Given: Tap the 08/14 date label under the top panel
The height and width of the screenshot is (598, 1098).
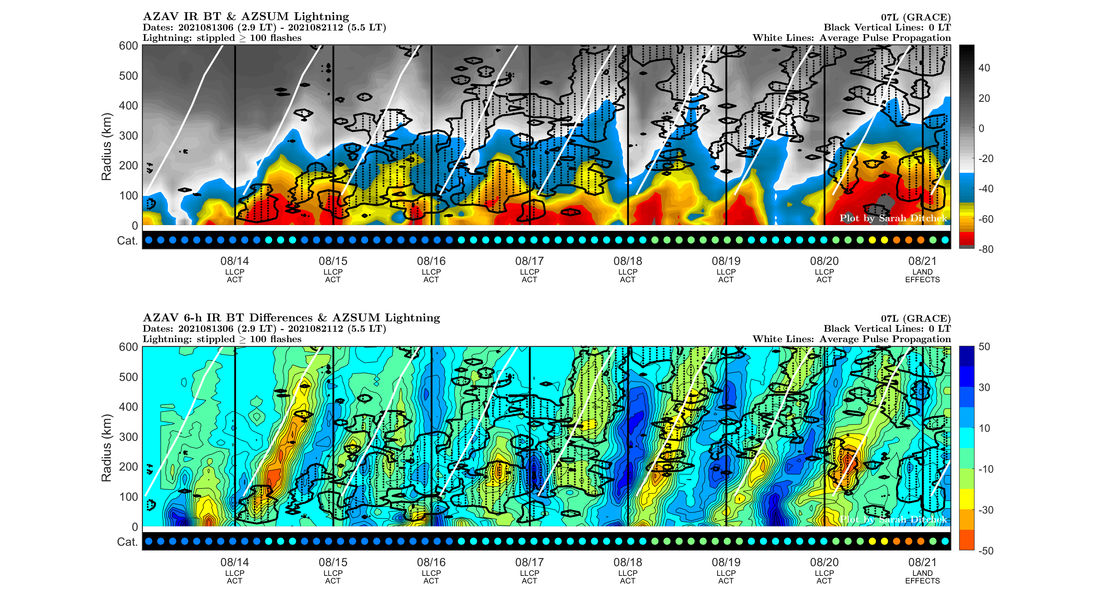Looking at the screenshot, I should pos(234,261).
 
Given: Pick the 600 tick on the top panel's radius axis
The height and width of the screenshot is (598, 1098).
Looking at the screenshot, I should pos(128,46).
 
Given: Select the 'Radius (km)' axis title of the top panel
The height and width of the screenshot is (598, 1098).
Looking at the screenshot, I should pos(106,147).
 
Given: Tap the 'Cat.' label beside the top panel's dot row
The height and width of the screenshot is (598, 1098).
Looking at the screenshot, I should pos(127,241).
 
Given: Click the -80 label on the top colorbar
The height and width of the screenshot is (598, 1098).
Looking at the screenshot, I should pos(986,249).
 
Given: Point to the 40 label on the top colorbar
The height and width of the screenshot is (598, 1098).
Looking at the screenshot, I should pos(984,68).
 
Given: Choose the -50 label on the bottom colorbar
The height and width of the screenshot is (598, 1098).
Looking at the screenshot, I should pos(986,551).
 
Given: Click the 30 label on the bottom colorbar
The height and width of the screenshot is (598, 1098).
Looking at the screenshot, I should pos(984,387).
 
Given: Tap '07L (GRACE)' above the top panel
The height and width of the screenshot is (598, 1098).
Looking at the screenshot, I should pos(916,17).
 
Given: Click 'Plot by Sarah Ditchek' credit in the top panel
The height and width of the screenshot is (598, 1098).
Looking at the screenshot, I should pos(893,218).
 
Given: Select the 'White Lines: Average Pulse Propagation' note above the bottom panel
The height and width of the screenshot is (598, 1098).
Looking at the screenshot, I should pos(851,339).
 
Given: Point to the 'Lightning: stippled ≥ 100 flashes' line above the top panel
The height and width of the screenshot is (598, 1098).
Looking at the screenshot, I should pos(222,38).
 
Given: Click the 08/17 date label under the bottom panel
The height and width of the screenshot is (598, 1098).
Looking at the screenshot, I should pos(529,562).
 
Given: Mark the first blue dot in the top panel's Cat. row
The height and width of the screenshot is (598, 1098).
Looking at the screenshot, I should pos(149,240).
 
